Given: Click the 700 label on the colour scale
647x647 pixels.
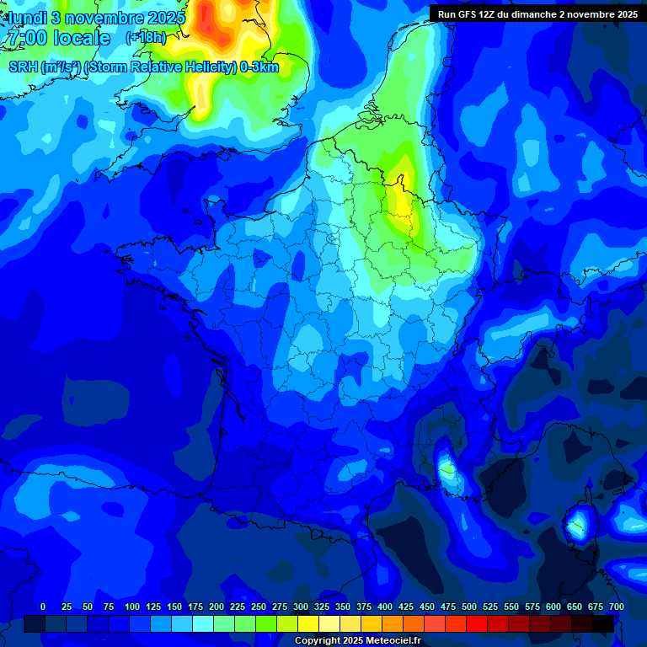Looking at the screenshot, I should pyautogui.click(x=616, y=607).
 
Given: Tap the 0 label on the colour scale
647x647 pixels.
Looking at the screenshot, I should pyautogui.click(x=43, y=607).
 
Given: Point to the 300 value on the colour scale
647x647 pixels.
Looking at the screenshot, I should pyautogui.click(x=301, y=607).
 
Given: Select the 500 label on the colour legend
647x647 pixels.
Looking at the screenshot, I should pyautogui.click(x=469, y=607).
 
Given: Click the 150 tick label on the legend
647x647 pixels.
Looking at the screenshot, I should pyautogui.click(x=174, y=607).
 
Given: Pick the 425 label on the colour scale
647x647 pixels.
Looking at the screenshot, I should pyautogui.click(x=406, y=607).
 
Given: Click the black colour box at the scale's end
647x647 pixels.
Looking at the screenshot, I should pyautogui.click(x=603, y=623).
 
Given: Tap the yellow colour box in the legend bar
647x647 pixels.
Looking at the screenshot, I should pyautogui.click(x=308, y=623).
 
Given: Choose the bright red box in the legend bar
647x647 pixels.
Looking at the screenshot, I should pyautogui.click(x=477, y=623).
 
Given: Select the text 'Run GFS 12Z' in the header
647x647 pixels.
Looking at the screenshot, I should pyautogui.click(x=467, y=14).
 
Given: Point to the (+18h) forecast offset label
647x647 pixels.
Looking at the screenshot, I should pyautogui.click(x=145, y=38).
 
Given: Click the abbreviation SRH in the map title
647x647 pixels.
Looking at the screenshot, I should pyautogui.click(x=23, y=67).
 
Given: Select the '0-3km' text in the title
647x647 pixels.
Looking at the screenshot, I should pyautogui.click(x=259, y=67).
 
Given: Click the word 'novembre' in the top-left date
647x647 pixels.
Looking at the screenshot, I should pyautogui.click(x=105, y=17).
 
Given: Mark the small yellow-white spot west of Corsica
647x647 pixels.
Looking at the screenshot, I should pyautogui.click(x=447, y=466).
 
